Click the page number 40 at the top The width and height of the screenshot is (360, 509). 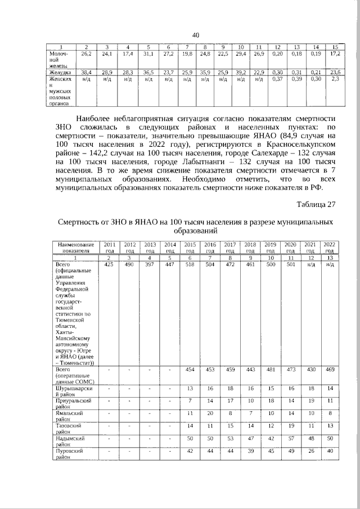pyautogui.click(x=196, y=35)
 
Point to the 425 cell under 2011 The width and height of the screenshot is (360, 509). pyautogui.click(x=109, y=264)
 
